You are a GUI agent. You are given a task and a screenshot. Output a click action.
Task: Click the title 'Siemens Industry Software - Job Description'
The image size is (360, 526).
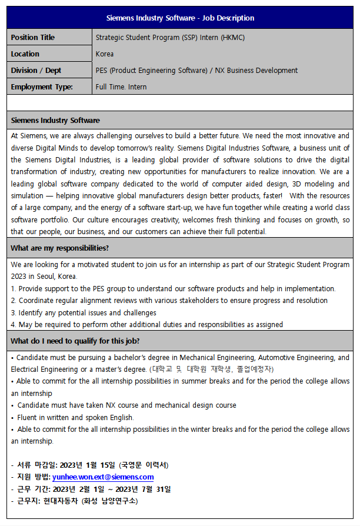point(180,18)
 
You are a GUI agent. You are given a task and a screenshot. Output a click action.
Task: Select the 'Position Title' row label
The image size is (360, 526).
point(32,38)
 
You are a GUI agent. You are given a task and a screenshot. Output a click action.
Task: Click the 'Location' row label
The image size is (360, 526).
point(25,54)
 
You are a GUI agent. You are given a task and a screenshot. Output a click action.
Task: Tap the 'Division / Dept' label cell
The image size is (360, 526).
point(36,71)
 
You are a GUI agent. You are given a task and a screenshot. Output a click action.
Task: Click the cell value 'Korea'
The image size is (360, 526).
point(105,54)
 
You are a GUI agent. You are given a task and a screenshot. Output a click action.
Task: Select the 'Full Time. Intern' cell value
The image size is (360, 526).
point(121,87)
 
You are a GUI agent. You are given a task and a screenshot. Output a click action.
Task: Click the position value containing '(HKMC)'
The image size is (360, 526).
point(170,38)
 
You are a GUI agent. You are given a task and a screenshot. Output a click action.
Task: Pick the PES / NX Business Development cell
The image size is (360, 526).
point(196,71)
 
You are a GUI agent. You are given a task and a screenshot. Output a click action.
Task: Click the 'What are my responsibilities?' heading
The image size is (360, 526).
point(59,248)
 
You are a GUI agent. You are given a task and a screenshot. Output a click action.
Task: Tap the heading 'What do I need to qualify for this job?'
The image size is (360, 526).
point(75,341)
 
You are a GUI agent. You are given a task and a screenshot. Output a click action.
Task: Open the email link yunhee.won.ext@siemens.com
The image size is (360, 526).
point(103,477)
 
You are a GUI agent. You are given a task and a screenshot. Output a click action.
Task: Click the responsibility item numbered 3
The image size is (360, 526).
point(84,313)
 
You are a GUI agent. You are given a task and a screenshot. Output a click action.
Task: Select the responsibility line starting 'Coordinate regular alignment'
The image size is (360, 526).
point(169,301)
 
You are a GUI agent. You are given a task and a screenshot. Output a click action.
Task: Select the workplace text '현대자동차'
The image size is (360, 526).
point(61,501)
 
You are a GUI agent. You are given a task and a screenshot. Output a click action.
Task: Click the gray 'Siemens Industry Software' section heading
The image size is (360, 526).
point(55,121)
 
